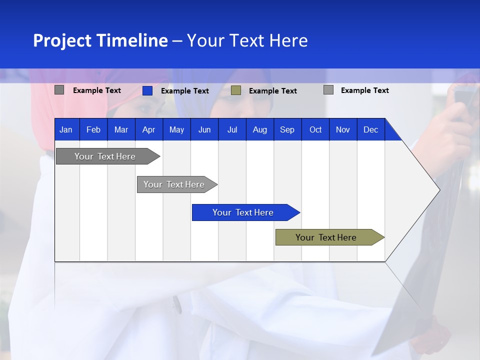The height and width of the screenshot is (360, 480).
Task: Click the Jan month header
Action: point(66,129)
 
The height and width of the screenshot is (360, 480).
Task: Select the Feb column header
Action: point(93,129)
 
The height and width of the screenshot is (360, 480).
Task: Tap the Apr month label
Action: point(148,129)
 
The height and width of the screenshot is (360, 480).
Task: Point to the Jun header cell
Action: point(204,129)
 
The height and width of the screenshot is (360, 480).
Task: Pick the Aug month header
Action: point(259,129)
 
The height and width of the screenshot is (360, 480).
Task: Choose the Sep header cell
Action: point(287,129)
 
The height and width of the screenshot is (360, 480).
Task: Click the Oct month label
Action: point(315,129)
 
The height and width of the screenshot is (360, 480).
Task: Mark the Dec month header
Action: point(370,129)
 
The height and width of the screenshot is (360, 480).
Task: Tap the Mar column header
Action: point(121,129)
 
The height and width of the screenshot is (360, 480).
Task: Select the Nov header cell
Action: point(343,129)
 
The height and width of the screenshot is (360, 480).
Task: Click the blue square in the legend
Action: point(147,90)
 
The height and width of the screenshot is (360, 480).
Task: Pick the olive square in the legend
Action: point(236,90)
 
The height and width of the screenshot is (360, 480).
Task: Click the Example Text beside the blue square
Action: point(185,91)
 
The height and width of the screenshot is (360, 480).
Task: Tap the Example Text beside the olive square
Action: point(273,91)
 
